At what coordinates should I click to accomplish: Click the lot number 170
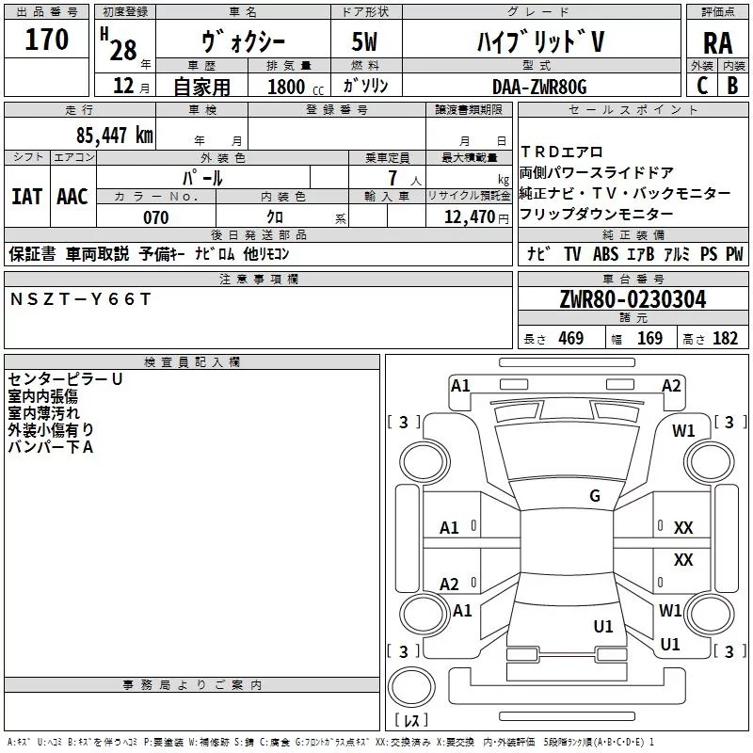pos(46,40)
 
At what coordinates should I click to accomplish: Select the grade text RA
pos(717,43)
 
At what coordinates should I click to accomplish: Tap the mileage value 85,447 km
pos(114,136)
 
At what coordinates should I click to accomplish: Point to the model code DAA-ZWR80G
pos(539,87)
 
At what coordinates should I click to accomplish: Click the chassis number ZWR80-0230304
pos(633,299)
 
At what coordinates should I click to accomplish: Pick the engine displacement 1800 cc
pos(296,87)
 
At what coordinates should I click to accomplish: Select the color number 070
pos(156,217)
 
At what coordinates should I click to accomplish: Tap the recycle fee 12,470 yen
pos(476,217)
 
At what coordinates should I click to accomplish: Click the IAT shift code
pos(26,197)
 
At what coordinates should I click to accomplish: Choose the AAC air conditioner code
pos(72,197)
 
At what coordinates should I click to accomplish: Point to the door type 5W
pos(364,41)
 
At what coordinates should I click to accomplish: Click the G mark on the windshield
pos(595,496)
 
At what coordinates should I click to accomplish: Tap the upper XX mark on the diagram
pos(683,528)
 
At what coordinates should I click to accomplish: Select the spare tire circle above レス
pos(411,686)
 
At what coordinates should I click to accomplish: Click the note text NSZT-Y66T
pos(80,299)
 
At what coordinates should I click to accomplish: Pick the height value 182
pos(725,339)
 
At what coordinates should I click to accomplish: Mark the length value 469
pos(571,339)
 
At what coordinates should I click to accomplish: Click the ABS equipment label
pos(605,254)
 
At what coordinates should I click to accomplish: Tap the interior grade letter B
pos(733,86)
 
